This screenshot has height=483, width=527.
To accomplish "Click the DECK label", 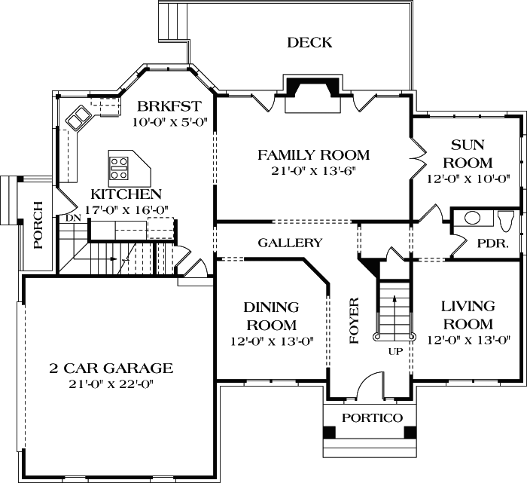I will pos(309,43).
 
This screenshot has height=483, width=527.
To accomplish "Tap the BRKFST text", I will pos(160,105).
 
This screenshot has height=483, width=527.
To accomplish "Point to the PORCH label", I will pos(38,225).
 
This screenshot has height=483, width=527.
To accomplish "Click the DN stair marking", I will pos(73,218).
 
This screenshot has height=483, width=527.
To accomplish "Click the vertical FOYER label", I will pos(355,321).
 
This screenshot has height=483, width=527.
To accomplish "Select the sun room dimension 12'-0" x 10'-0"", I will pos(468,179).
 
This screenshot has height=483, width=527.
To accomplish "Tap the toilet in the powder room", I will pos(505,219).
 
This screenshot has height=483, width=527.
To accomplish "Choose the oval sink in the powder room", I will pos(472,219).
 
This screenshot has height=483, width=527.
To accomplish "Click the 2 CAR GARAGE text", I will pos(111,368).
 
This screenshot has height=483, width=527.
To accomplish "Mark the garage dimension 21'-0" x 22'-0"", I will pos(111,384).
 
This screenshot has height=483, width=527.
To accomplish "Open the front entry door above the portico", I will pos(370,386).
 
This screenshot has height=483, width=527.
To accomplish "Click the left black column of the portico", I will pos(330,433).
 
